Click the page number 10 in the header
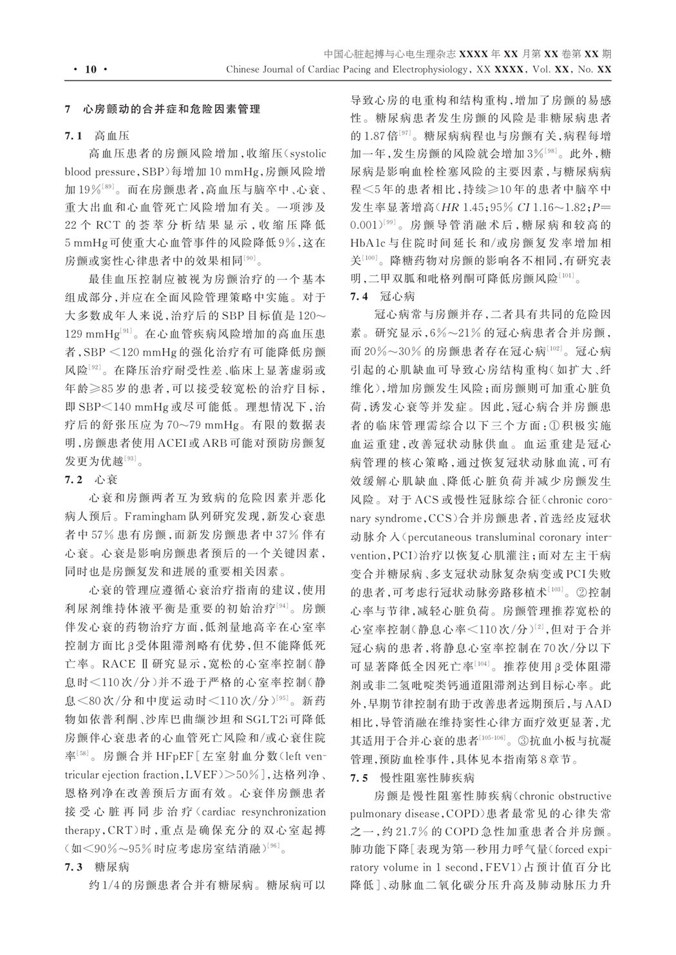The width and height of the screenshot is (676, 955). (x=90, y=69)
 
